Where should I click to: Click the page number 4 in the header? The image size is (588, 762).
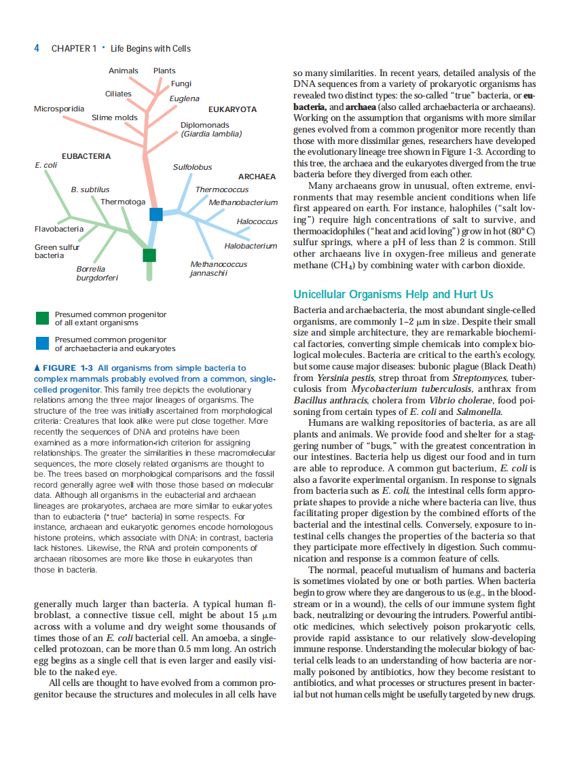37,48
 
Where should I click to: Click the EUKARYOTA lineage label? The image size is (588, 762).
232,109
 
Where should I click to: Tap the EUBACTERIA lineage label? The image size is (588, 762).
86,156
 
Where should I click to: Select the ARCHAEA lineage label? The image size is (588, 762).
257,177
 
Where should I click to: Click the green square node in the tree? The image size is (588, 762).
149,255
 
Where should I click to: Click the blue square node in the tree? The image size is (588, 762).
156,214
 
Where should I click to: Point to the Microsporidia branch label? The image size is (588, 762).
59,109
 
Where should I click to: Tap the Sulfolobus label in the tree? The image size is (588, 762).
192,167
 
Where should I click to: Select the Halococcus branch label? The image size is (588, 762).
257,222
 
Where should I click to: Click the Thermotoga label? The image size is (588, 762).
123,202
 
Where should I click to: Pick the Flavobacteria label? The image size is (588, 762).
59,229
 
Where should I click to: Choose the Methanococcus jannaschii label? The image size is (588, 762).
219,268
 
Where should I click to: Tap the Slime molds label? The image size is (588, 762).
115,117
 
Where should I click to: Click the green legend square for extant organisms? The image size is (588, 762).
42,318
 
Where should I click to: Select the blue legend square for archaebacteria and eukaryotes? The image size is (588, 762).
42,343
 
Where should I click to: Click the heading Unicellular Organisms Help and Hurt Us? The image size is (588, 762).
393,294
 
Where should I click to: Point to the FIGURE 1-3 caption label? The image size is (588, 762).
68,368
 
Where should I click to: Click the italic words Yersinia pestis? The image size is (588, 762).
344,378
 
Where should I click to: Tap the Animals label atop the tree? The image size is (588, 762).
123,71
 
